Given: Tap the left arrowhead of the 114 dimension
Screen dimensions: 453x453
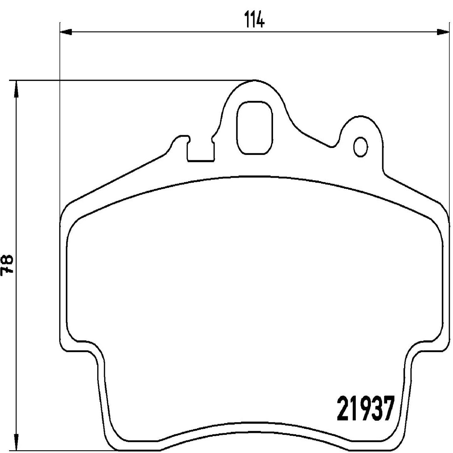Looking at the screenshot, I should (66, 32).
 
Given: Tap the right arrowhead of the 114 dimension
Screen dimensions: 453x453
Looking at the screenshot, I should (443, 32).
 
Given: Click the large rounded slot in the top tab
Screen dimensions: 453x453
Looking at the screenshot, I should (255, 128).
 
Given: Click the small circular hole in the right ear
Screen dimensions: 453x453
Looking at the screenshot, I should (360, 147).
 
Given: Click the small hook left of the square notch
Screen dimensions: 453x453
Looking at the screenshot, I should (181, 140).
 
